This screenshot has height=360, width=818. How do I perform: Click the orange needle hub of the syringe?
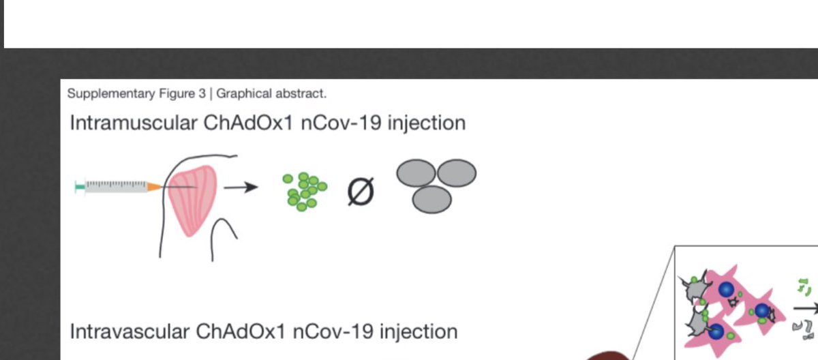point(155,186)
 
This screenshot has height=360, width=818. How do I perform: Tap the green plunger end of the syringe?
point(80,185)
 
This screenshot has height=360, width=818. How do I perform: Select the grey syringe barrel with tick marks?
point(116,185)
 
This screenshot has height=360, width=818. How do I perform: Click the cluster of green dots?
point(304,190)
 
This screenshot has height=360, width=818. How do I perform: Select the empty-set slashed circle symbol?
point(361,192)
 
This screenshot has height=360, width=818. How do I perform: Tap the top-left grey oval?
point(416,172)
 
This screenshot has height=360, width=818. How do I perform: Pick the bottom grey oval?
point(431,199)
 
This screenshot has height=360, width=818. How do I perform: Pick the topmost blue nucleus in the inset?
point(725,289)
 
